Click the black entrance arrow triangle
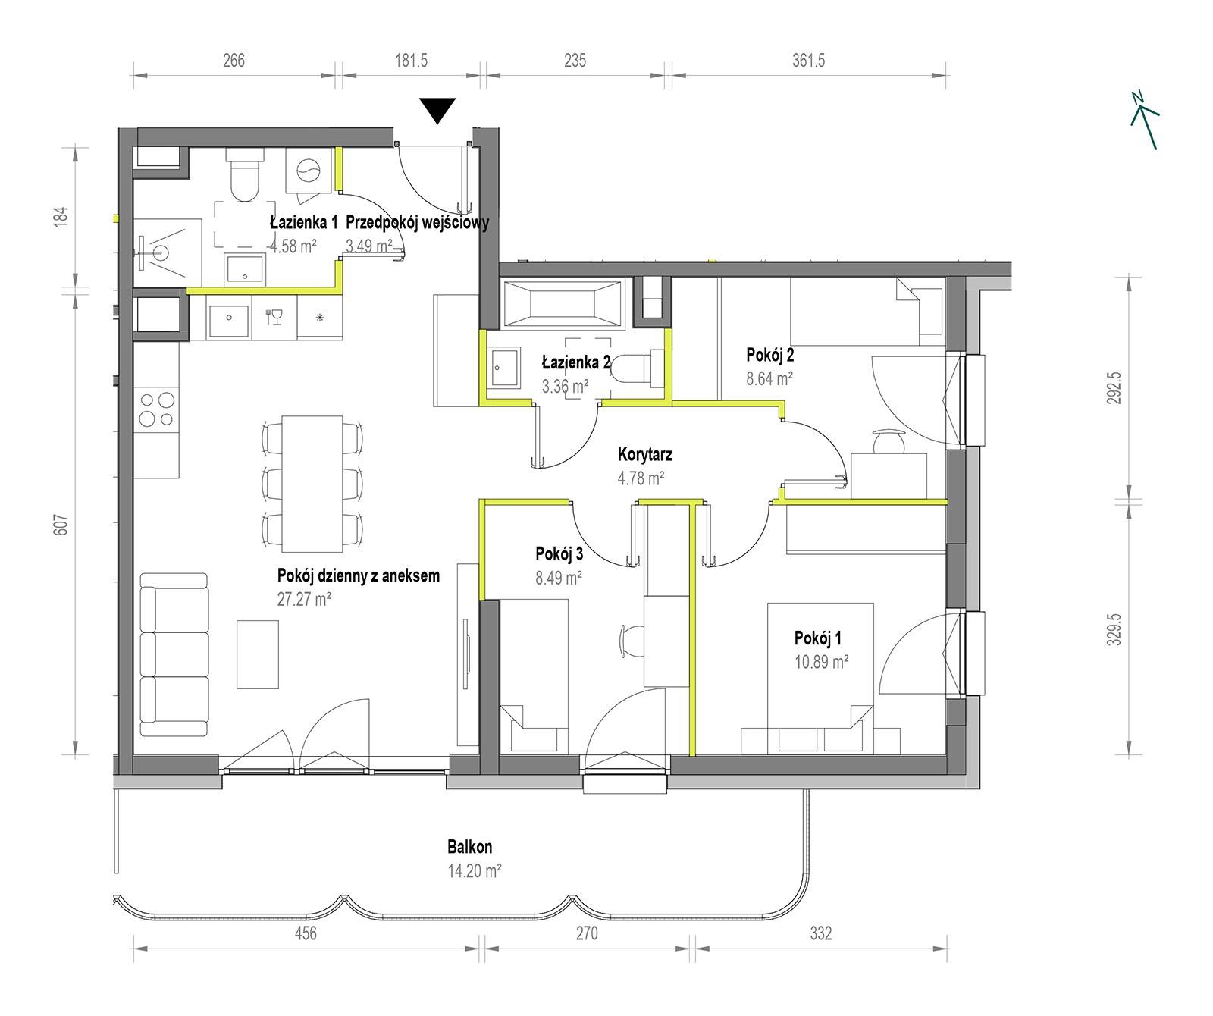click(x=438, y=110)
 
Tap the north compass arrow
click(x=1145, y=120)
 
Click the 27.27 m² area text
click(x=305, y=600)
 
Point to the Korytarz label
click(x=645, y=455)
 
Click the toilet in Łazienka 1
click(x=244, y=175)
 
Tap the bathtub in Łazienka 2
click(x=563, y=303)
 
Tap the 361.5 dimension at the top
click(x=809, y=61)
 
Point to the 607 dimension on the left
click(x=62, y=525)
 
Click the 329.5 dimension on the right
click(x=1114, y=628)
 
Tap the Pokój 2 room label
click(x=770, y=355)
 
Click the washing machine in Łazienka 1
click(x=309, y=171)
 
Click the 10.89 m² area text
click(x=821, y=661)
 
